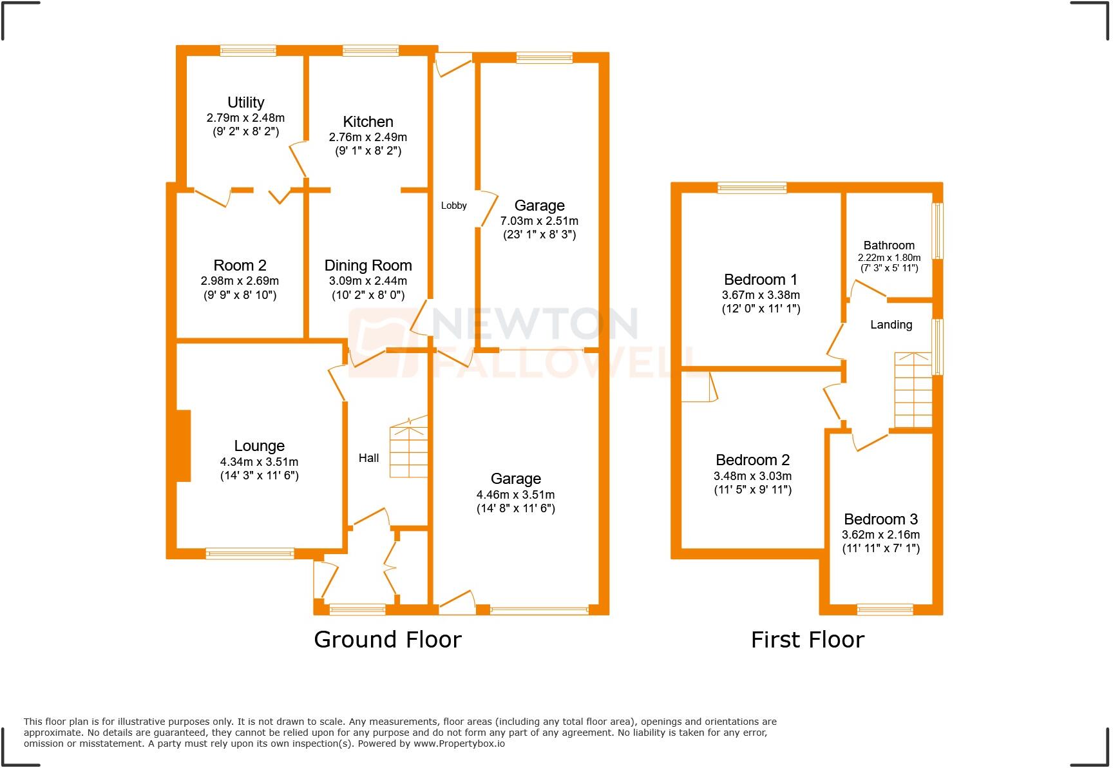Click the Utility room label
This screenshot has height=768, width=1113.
(245, 102)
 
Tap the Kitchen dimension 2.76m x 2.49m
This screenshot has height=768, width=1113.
(368, 137)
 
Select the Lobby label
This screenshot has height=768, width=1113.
(453, 206)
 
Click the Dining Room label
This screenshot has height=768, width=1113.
(368, 265)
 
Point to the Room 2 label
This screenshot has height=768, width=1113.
(240, 265)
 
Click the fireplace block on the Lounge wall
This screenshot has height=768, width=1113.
(183, 446)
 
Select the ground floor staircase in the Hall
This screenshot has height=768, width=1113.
(408, 451)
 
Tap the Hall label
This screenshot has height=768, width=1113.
(368, 458)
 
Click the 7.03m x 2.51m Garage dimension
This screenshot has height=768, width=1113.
(539, 221)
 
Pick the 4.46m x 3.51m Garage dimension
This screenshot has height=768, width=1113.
(515, 495)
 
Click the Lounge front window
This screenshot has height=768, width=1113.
(250, 553)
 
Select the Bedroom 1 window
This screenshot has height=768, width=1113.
(752, 188)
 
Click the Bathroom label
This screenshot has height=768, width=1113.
(889, 245)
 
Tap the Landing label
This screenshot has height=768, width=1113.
(891, 325)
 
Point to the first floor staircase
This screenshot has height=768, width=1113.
(913, 393)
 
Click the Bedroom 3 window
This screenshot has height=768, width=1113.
(884, 609)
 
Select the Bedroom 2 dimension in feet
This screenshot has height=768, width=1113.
(752, 490)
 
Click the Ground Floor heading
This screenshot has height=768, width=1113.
(387, 640)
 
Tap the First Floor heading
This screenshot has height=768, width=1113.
(807, 640)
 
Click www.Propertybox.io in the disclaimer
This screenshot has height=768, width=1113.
(459, 744)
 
